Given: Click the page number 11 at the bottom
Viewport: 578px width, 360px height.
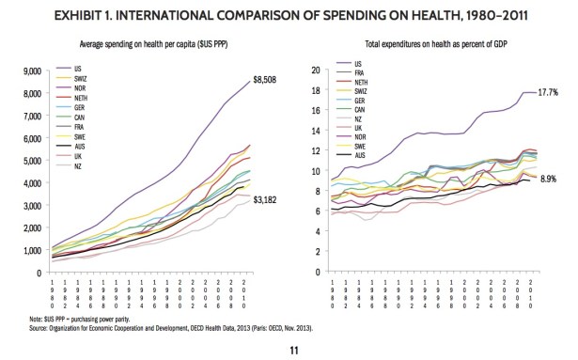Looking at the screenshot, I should [x=289, y=345].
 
